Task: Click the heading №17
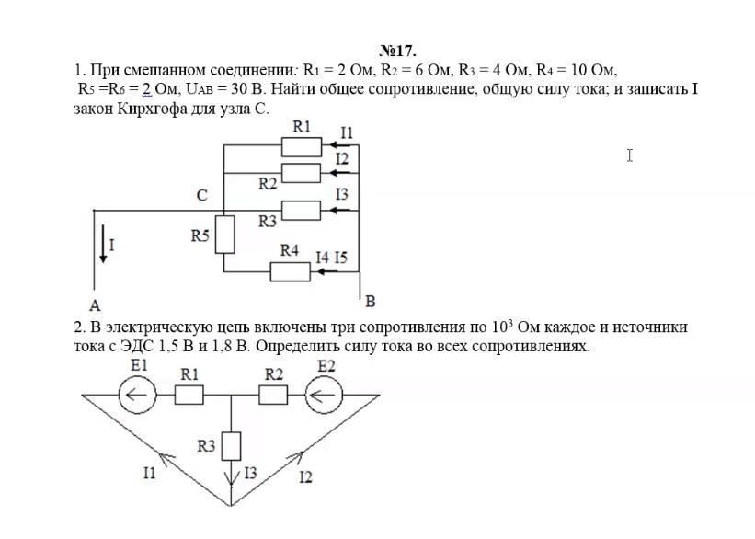coord(397,51)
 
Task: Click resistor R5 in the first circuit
coord(224,235)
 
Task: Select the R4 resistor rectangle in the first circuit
coord(290,272)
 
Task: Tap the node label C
coord(202,195)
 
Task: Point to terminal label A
coord(95,304)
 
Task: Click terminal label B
coord(370,302)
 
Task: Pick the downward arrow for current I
coord(103,244)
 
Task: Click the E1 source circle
coord(137,395)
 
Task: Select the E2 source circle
coord(324,395)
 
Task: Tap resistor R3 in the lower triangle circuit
coord(231,446)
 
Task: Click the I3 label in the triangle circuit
coord(250,473)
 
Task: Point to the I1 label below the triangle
coord(150,473)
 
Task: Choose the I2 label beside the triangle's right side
coord(305,476)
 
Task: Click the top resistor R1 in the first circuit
coord(302,147)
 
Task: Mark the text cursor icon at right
coord(630,155)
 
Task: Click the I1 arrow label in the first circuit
coord(347,132)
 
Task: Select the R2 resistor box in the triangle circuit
coord(273,395)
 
